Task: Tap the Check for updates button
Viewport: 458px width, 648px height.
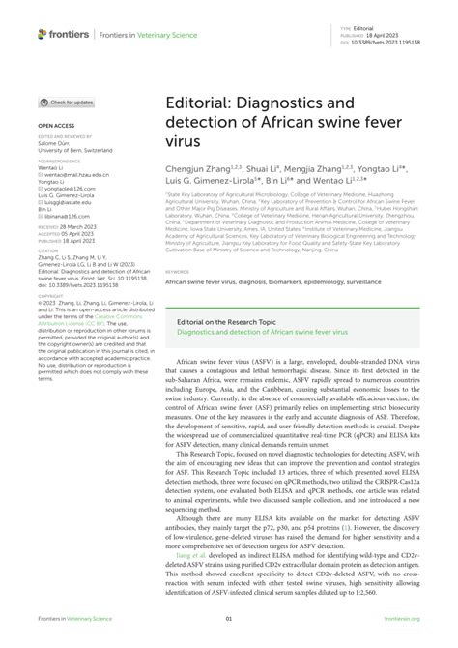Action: coord(67,102)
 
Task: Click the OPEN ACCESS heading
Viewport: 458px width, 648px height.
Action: coord(55,126)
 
